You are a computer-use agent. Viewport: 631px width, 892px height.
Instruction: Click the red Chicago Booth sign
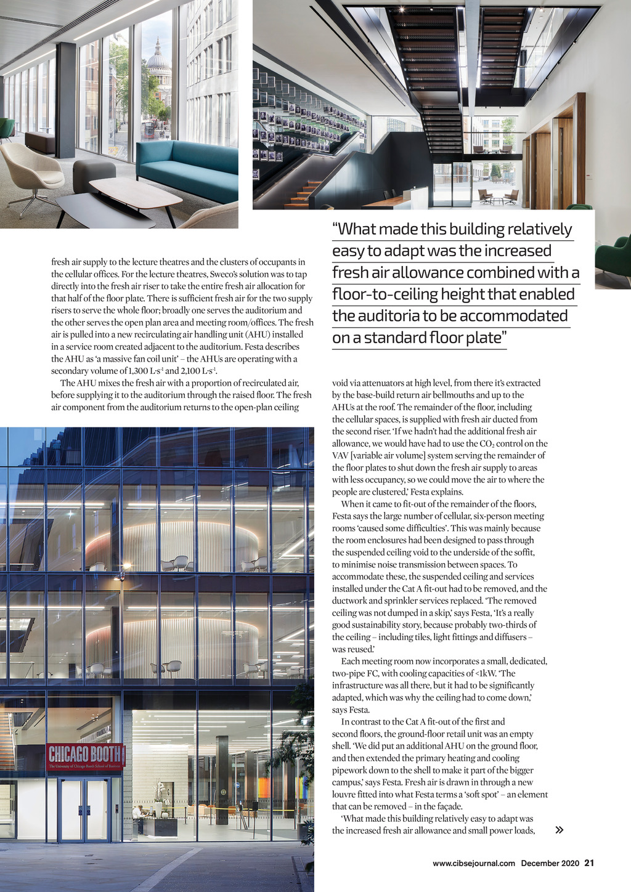pyautogui.click(x=86, y=756)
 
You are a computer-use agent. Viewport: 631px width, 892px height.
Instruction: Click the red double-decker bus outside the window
pyautogui.click(x=150, y=129)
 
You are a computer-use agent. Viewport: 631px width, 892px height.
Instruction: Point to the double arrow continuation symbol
pyautogui.click(x=559, y=830)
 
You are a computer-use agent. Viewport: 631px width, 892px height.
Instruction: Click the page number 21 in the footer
pyautogui.click(x=589, y=863)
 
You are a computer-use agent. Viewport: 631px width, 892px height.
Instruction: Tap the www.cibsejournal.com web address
pyautogui.click(x=473, y=863)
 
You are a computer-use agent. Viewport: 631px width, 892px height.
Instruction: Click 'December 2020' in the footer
pyautogui.click(x=550, y=863)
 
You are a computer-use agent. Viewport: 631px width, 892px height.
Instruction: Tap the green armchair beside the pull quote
pyautogui.click(x=613, y=256)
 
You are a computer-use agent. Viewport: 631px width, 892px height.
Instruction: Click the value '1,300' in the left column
pyautogui.click(x=139, y=371)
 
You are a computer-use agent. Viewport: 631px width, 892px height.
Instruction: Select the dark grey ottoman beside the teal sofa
pyautogui.click(x=94, y=174)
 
